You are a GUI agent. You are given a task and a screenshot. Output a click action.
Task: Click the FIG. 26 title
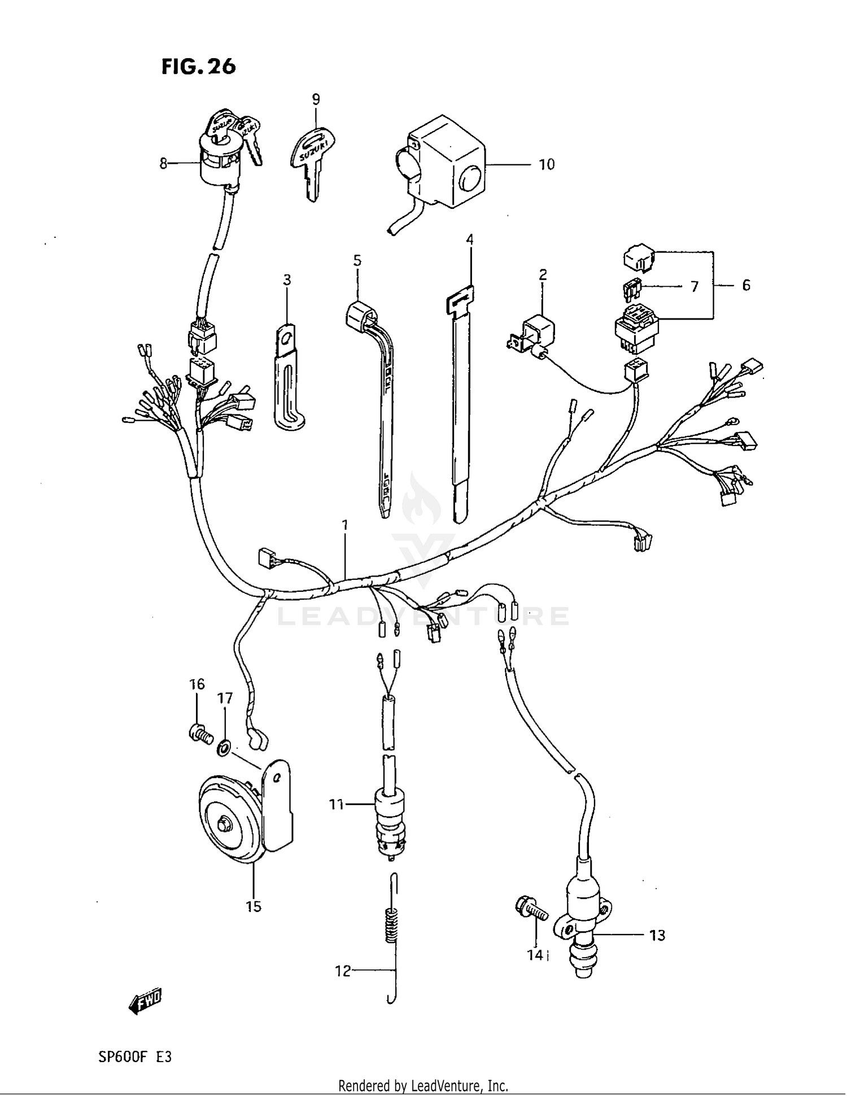point(198,67)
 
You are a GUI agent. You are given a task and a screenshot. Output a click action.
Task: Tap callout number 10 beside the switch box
point(546,164)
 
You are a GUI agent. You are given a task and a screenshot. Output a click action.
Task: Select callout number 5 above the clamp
point(357,260)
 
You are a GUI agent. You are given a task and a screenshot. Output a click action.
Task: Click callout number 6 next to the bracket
point(746,285)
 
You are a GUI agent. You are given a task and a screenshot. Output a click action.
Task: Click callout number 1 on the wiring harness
point(344,525)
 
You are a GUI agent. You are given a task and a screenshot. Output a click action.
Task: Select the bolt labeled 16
point(200,734)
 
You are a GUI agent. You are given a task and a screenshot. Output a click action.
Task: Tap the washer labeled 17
point(224,749)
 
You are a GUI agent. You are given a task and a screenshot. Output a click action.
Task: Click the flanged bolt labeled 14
point(530,910)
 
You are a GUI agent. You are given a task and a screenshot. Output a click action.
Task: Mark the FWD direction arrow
point(145,1003)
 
